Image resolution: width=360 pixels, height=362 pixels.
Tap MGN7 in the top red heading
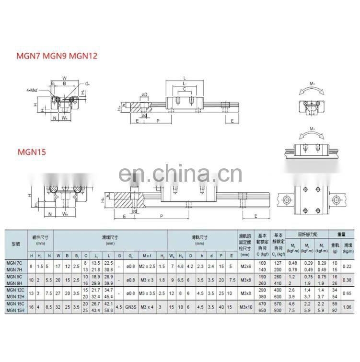pyautogui.click(x=30, y=56)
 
